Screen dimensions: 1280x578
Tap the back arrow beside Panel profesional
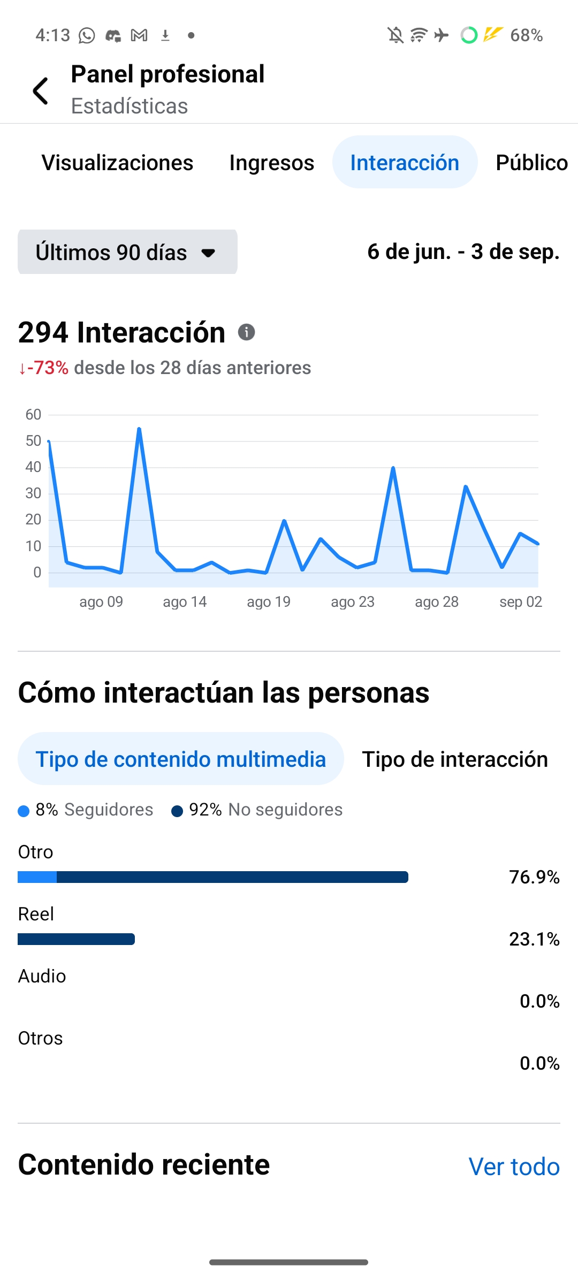41,90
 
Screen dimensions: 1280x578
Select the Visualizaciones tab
117,163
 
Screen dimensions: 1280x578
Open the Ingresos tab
271,163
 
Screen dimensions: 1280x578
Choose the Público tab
531,163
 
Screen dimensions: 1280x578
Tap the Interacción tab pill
405,162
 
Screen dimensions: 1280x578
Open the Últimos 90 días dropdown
127,252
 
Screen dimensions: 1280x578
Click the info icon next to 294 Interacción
246,332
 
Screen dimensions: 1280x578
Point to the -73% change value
47,368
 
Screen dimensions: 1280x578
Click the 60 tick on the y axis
33,415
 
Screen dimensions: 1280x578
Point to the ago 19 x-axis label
268,602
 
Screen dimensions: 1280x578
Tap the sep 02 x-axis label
520,602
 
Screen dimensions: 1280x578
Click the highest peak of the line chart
139,429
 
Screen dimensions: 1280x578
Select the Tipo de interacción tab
454,759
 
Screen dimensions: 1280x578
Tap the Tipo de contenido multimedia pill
180,759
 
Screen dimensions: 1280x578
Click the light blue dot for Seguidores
24,811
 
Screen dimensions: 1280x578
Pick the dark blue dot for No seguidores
177,811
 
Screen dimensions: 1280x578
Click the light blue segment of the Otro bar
37,877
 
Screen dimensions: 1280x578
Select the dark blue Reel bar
76,939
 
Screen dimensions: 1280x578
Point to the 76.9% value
534,877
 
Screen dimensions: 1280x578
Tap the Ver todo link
514,1167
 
